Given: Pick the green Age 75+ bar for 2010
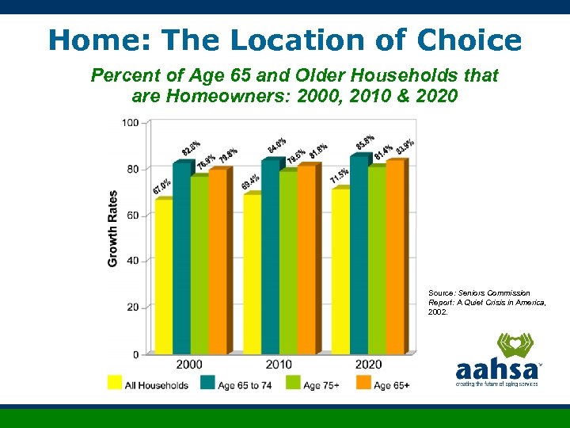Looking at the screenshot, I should point(287,262).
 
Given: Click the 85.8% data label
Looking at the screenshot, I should point(365,143).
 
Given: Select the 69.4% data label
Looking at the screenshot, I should point(250,181).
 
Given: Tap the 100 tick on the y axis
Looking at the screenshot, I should point(131,123).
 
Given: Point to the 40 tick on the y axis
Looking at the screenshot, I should point(133,261).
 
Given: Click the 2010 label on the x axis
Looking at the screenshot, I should point(279,365).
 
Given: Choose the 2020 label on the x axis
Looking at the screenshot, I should point(367,365).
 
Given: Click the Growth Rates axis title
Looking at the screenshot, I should point(112,228).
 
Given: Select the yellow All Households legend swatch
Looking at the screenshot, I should point(115,383).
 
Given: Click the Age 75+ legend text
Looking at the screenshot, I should point(321,385).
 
